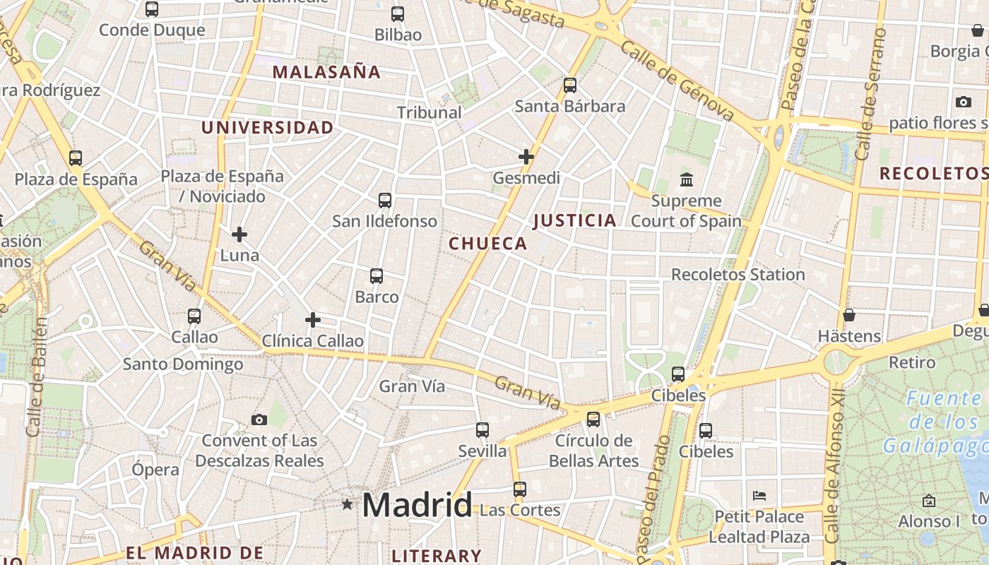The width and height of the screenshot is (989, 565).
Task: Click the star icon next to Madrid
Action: click(347, 504)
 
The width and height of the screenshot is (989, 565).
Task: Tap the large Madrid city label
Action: click(417, 505)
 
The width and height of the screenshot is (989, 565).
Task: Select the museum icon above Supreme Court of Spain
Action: click(687, 179)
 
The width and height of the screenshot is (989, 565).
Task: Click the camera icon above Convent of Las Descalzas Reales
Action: click(259, 420)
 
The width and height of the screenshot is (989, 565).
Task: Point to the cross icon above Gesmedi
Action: click(526, 157)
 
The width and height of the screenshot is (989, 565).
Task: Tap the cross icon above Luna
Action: click(239, 234)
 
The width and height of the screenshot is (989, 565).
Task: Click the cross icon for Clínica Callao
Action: click(313, 321)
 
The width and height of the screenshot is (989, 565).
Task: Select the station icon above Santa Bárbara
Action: click(570, 85)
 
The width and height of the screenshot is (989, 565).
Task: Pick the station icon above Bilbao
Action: click(398, 14)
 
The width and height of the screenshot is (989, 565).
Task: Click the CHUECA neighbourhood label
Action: click(488, 244)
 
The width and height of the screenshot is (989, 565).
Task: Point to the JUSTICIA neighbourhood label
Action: click(575, 220)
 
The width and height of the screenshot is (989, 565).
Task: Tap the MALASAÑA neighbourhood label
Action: click(326, 71)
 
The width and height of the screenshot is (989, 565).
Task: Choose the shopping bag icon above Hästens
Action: click(849, 315)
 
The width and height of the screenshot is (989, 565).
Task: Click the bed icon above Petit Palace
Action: click(759, 495)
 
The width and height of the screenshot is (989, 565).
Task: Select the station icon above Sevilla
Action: click(482, 429)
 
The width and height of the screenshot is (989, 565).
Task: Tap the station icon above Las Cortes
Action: click(520, 489)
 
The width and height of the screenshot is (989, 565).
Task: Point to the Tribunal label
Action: click(429, 112)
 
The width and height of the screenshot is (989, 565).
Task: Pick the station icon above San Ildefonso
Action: click(385, 201)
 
